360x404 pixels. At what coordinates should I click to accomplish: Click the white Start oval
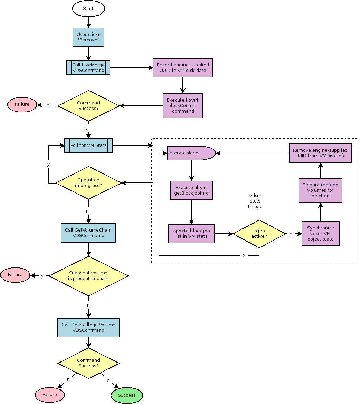coord(88,9)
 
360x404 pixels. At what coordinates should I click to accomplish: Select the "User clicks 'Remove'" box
coord(88,37)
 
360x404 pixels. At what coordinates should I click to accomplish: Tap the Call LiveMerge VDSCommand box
coord(88,68)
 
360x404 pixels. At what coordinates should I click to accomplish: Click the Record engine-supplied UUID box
coord(183,68)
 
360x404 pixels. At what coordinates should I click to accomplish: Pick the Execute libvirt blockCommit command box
coord(183,106)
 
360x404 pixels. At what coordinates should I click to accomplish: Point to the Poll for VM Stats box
coord(88,145)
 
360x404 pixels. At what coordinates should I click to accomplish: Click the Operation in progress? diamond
coord(88,183)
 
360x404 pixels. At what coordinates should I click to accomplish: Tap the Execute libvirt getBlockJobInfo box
coord(191,190)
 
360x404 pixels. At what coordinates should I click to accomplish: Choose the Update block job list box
coord(191,234)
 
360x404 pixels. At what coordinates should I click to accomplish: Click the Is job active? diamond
coord(259,234)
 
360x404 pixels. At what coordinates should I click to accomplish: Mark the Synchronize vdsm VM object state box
coord(321,234)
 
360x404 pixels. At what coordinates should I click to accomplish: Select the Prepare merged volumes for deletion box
coord(320,190)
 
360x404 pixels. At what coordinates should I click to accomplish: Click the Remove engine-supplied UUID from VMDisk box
coord(320,153)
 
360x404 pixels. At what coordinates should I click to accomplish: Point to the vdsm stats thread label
coord(255,201)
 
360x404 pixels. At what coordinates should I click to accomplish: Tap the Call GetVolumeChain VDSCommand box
coord(88,233)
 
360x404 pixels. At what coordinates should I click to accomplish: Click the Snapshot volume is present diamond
coord(88,276)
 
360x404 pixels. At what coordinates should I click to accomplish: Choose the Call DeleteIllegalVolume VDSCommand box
coord(88,328)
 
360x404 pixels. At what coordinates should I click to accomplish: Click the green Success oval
coord(127,395)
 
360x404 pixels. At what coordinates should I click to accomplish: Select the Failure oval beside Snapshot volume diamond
coord(15,275)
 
